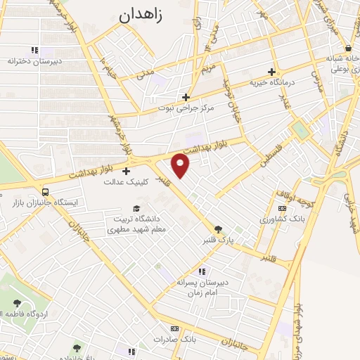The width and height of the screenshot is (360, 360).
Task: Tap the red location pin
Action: [x=181, y=167]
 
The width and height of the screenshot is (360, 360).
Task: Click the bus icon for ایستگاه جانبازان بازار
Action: [x=46, y=191]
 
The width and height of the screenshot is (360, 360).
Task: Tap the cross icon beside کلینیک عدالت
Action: [x=127, y=171]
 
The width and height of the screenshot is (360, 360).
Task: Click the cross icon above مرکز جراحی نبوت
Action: [x=186, y=98]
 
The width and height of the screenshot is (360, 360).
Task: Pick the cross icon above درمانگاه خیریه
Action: [x=271, y=72]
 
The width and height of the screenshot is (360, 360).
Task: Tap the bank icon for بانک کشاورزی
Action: [x=283, y=209]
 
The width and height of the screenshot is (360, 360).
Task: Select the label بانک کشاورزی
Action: [x=282, y=219]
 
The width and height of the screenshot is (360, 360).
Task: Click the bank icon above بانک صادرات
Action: [x=174, y=328]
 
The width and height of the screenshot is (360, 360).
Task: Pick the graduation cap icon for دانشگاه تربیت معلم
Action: [x=136, y=208]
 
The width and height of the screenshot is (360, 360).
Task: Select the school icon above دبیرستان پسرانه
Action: [x=202, y=271]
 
